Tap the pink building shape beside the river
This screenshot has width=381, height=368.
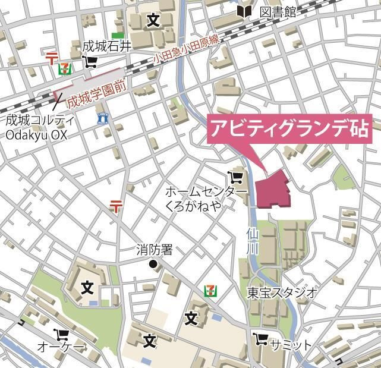tap(273, 190)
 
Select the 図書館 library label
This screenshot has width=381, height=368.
tap(277, 12)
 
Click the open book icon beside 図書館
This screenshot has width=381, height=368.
tap(244, 11)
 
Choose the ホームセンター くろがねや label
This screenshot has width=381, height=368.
tap(205, 198)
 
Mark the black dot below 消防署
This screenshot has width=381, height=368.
tap(153, 264)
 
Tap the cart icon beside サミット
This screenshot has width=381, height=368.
tap(260, 339)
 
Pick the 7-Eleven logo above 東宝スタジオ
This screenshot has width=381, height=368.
tap(210, 291)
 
